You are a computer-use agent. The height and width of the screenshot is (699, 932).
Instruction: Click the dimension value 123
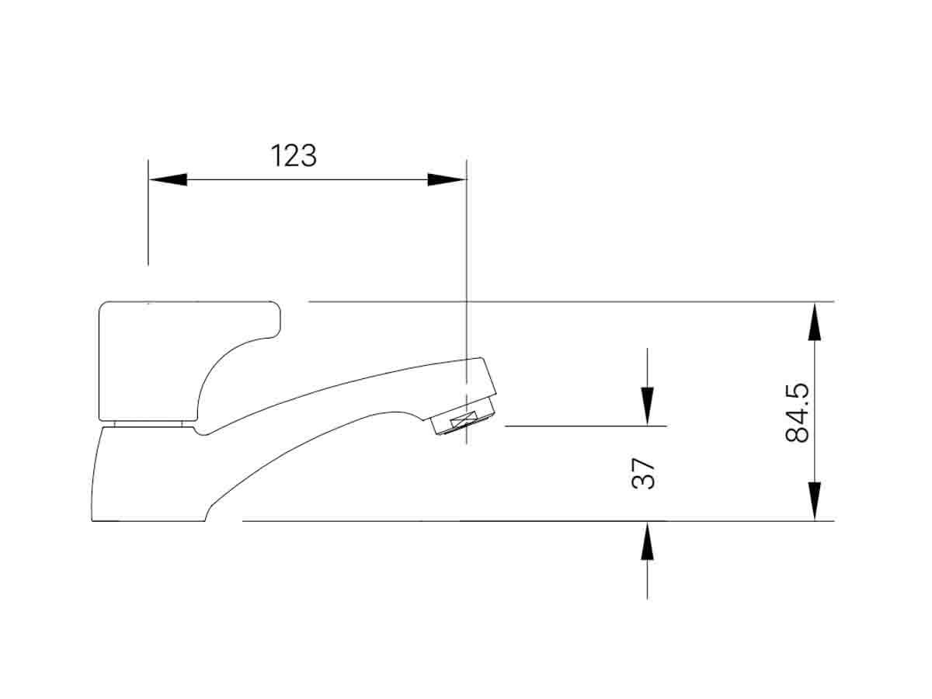coord(294,156)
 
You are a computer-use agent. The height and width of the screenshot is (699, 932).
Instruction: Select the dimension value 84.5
coord(798,412)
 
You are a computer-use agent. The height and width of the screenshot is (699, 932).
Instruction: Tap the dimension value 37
coord(644,474)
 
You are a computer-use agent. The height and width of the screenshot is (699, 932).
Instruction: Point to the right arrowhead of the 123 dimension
coord(447,179)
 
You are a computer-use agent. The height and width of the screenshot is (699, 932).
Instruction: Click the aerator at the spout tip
coord(462,422)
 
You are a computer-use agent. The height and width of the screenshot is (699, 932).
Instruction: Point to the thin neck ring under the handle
coord(148,424)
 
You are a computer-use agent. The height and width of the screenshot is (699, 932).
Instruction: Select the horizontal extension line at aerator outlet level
coord(582,426)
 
